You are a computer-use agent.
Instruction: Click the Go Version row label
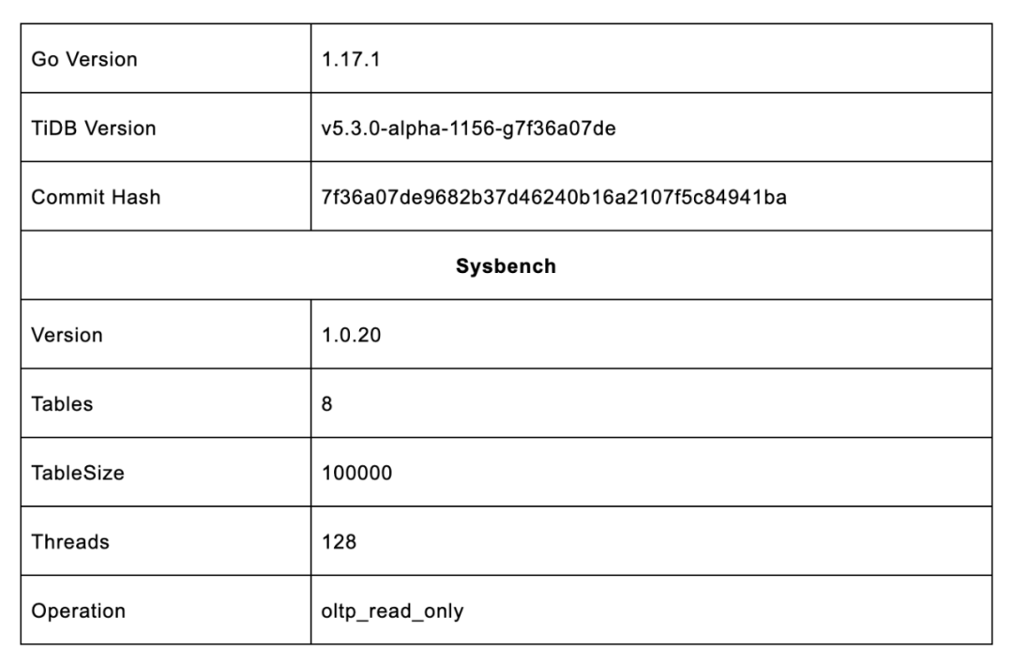click(x=84, y=59)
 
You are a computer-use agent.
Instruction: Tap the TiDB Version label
click(x=94, y=128)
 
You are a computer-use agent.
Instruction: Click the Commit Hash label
click(x=96, y=197)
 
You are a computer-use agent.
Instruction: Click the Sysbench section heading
click(x=506, y=266)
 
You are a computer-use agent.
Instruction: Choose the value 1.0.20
click(x=352, y=335)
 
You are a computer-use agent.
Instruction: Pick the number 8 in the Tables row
click(x=326, y=404)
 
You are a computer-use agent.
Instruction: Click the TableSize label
click(x=78, y=473)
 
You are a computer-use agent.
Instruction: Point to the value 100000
click(x=355, y=473)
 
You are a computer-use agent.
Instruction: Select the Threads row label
click(x=70, y=542)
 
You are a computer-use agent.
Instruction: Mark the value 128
click(x=339, y=542)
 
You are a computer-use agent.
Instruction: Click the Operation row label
click(x=79, y=611)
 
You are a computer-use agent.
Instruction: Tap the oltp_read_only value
click(x=392, y=611)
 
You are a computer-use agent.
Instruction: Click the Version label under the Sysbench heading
click(x=67, y=335)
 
